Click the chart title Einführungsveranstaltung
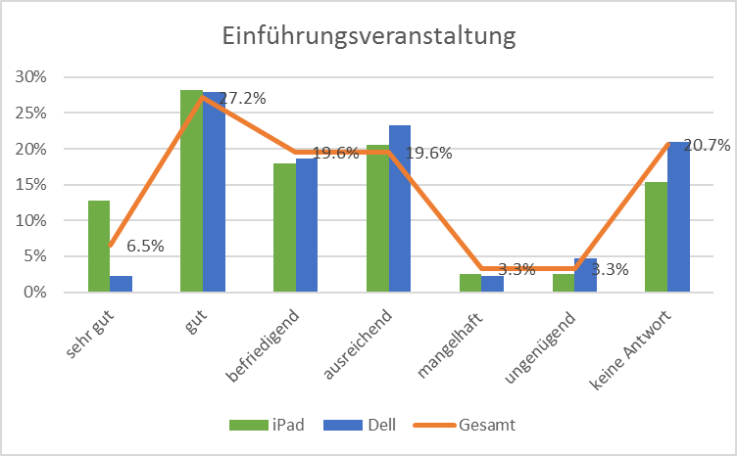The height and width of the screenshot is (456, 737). pyautogui.click(x=368, y=37)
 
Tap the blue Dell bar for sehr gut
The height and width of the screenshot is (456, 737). pyautogui.click(x=122, y=284)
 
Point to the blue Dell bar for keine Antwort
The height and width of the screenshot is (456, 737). pyautogui.click(x=678, y=216)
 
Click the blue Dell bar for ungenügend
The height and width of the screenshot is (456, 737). pyautogui.click(x=586, y=275)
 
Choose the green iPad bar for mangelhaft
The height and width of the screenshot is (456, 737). pyautogui.click(x=470, y=283)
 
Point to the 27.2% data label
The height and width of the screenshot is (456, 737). pyautogui.click(x=242, y=98)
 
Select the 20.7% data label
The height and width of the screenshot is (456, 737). pyautogui.click(x=707, y=146)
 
